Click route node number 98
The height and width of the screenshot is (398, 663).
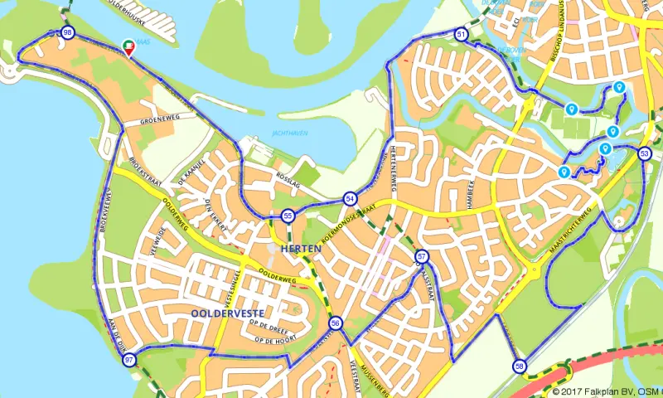[x=67, y=33]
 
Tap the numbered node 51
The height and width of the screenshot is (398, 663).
[x=461, y=34]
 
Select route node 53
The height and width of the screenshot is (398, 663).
[x=645, y=153]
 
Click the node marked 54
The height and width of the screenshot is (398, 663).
[x=350, y=199]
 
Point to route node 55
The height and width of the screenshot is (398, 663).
[x=288, y=216]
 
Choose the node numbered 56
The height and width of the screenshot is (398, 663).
[x=336, y=323]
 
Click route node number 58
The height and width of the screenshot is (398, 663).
[x=520, y=366]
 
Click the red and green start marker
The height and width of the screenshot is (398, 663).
[x=128, y=47]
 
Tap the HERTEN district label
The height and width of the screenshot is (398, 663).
[x=300, y=249]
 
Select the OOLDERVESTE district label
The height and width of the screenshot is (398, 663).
[x=228, y=313]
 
